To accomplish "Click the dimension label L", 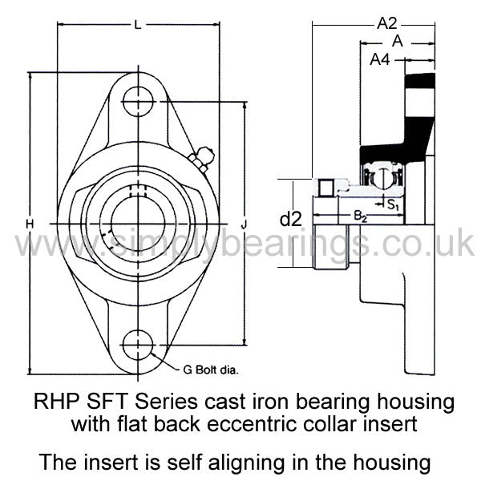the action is pyautogui.click(x=139, y=25).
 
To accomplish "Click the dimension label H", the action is pyautogui.click(x=30, y=224).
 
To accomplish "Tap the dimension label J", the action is pyautogui.click(x=244, y=224).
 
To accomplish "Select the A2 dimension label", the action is pyautogui.click(x=387, y=23).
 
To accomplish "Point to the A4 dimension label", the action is pyautogui.click(x=380, y=59).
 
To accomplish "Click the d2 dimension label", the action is pyautogui.click(x=291, y=219).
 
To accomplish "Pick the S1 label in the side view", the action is pyautogui.click(x=393, y=204).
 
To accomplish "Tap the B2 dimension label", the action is pyautogui.click(x=361, y=216).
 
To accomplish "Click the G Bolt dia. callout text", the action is pyautogui.click(x=210, y=370).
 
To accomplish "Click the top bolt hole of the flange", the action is pyautogui.click(x=138, y=101).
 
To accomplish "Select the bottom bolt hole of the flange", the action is pyautogui.click(x=138, y=346).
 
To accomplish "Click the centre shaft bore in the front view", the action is pyautogui.click(x=138, y=224).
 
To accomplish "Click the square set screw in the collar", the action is pyautogui.click(x=325, y=188).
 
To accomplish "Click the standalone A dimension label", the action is pyautogui.click(x=398, y=41).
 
